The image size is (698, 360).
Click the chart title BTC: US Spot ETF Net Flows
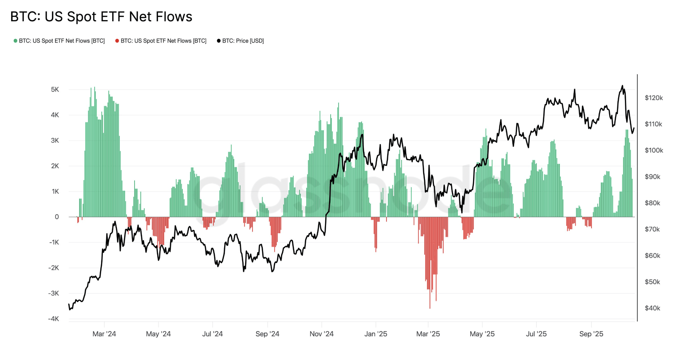101,17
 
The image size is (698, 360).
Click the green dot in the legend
15,41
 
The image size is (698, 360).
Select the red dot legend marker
117,41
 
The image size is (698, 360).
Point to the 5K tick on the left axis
55,89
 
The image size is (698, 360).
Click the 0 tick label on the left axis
56,217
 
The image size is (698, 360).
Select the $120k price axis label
654,98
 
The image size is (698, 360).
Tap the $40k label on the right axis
652,308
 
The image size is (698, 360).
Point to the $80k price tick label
652,203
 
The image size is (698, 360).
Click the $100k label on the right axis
654,150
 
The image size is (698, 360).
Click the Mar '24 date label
104,334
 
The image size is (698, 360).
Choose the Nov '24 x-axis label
321,334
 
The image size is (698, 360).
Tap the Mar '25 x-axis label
428,334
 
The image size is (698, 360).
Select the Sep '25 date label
591,334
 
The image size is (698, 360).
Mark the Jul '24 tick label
212,334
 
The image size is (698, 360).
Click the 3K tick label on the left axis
55,140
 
